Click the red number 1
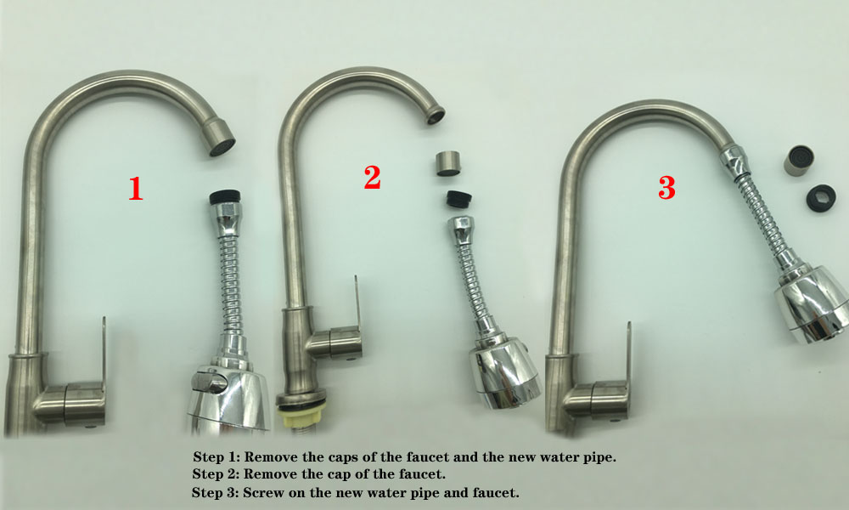click(135, 189)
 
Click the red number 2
click(373, 177)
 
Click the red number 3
click(666, 188)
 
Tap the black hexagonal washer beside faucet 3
click(821, 198)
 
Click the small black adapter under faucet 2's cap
click(458, 199)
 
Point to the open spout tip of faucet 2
click(436, 115)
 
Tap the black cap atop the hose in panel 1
click(225, 196)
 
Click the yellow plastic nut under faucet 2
click(301, 416)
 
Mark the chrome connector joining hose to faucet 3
click(734, 160)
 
